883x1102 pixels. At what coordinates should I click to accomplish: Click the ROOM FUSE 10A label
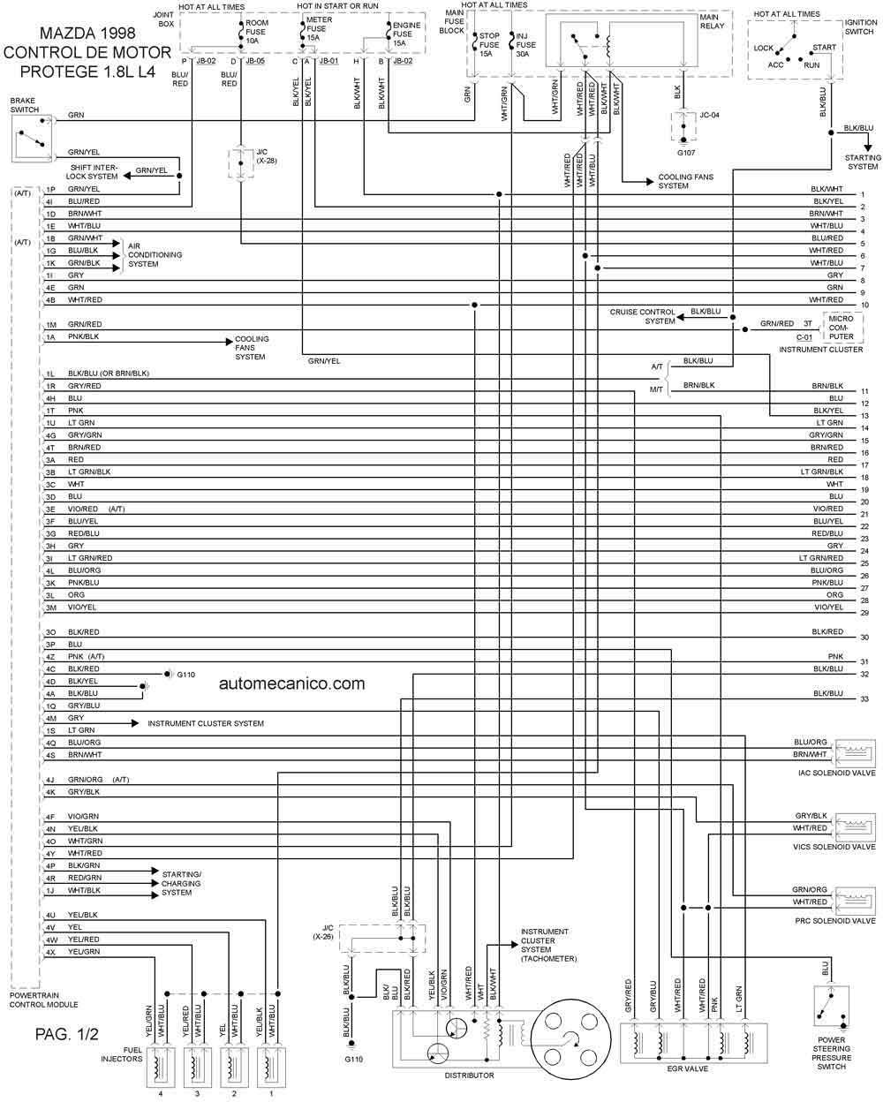[x=257, y=32]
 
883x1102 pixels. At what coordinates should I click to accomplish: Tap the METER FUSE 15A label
[x=319, y=28]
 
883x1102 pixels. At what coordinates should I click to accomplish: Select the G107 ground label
[x=686, y=153]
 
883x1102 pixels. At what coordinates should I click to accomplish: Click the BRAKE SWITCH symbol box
[x=32, y=139]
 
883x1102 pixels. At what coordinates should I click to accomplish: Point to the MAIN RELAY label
[x=712, y=21]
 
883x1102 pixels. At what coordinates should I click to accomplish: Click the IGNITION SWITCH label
[x=860, y=27]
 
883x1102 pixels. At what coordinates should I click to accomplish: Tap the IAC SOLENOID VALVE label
[x=836, y=773]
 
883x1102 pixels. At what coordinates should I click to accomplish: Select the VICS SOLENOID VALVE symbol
[x=855, y=827]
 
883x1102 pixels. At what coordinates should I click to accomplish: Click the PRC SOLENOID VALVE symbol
[x=855, y=901]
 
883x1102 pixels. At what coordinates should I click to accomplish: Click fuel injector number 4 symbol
[x=161, y=1067]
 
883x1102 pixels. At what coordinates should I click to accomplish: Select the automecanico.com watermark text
[x=292, y=683]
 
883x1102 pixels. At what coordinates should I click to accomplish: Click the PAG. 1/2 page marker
[x=66, y=1034]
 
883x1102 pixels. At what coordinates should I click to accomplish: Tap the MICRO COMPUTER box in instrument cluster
[x=842, y=328]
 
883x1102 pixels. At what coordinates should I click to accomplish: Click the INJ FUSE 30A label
[x=525, y=45]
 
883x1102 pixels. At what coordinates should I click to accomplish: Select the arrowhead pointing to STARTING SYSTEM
[x=868, y=147]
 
